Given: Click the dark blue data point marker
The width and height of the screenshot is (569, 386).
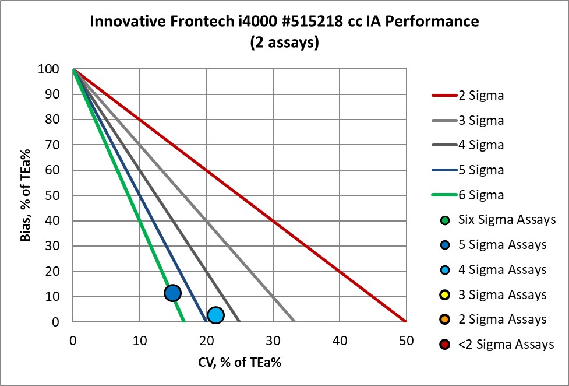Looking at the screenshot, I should point(172,293).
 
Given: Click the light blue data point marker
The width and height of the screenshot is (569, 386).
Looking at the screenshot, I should point(215,315).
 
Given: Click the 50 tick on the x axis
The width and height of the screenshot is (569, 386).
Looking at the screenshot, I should point(406,339).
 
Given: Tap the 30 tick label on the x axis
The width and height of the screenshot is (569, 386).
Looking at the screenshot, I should point(273,339).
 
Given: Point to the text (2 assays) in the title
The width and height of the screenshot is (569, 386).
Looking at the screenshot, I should point(284,43).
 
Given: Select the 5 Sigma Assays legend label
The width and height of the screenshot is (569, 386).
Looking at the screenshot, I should point(502,245).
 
